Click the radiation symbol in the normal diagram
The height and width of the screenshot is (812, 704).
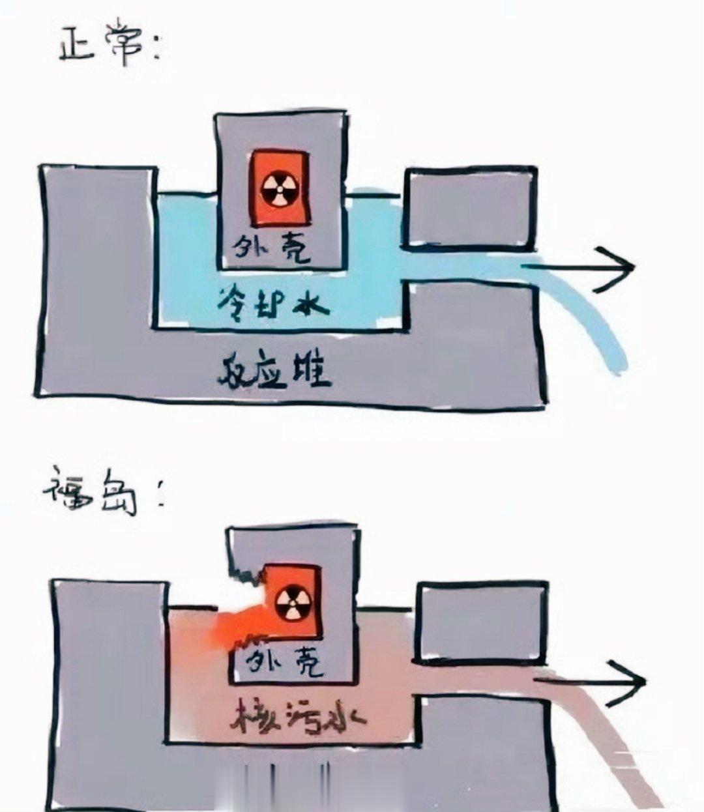tap(278, 188)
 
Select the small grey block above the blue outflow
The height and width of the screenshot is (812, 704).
tap(469, 207)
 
